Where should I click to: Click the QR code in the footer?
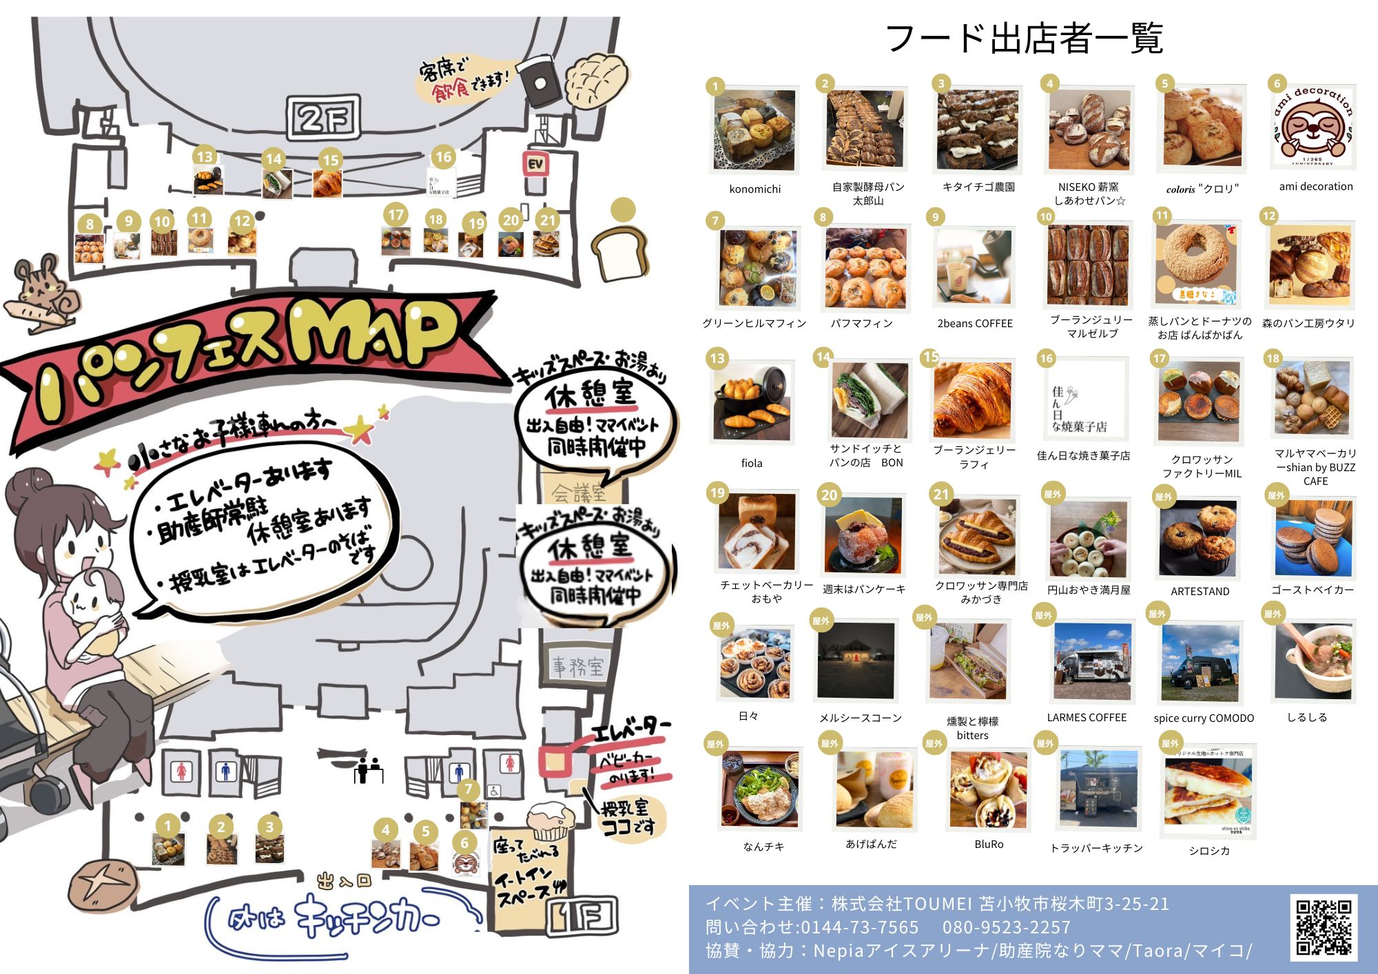point(1324,927)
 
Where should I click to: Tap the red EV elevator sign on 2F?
point(536,164)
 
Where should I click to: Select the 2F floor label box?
point(324,118)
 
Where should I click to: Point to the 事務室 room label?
point(577,666)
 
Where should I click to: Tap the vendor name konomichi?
point(755,189)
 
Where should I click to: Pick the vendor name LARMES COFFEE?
point(1087,717)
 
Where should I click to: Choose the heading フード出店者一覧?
point(1024,39)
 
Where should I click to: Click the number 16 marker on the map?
point(443,157)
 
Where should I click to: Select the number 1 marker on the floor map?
point(167,825)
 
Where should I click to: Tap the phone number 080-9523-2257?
point(1007,927)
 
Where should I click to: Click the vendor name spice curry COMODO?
point(1204,718)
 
